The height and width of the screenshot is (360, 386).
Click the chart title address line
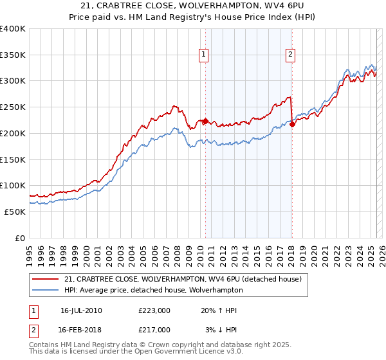click(x=193, y=6)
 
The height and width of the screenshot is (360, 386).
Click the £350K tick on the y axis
click(x=13, y=55)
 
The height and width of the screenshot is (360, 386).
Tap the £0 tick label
click(x=21, y=238)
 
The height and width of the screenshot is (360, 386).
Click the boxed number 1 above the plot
click(x=203, y=55)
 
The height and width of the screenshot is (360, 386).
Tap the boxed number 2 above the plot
click(x=291, y=55)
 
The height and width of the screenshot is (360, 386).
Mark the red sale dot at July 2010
click(x=205, y=121)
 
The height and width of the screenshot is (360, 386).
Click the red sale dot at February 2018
click(x=292, y=124)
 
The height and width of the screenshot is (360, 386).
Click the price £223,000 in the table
click(x=154, y=310)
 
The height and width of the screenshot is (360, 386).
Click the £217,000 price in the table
click(x=154, y=329)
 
